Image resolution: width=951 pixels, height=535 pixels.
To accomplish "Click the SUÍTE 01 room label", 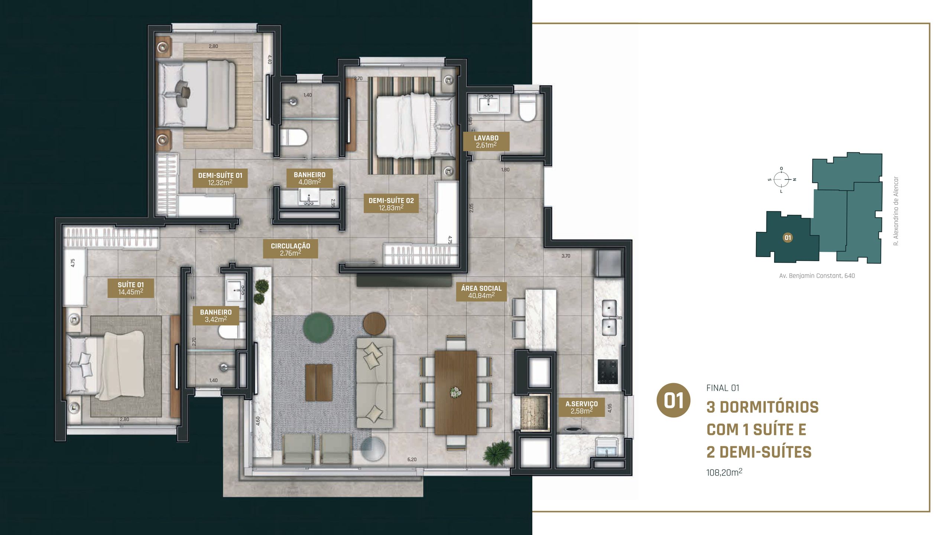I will click(x=130, y=288).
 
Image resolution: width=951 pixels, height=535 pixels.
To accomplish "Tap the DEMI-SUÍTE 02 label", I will click(x=391, y=204).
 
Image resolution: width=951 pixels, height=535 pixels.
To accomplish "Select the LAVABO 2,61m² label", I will click(x=486, y=141).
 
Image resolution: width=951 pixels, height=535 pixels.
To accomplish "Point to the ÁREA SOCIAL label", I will click(x=481, y=292).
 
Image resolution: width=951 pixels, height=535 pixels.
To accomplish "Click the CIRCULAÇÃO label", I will click(x=290, y=249).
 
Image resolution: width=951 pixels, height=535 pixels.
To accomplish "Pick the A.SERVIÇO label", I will click(x=581, y=407).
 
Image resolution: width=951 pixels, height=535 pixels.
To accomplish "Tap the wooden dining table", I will click(x=455, y=392).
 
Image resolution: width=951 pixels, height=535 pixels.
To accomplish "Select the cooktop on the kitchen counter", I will click(x=607, y=371).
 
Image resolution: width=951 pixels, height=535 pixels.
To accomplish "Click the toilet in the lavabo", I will click(x=527, y=108).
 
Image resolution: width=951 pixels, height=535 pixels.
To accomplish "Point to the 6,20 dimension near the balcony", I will click(x=412, y=459).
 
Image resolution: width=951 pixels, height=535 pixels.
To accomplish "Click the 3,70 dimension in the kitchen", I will click(x=565, y=256).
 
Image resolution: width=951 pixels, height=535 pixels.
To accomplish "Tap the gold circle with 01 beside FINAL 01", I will click(x=674, y=400).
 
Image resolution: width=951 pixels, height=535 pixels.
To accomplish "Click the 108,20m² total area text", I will click(x=724, y=472).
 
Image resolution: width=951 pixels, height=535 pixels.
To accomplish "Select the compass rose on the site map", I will click(x=781, y=179).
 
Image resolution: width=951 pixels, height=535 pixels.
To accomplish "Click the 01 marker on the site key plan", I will click(x=788, y=237).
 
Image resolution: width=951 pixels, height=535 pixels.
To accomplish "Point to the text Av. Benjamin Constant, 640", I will click(x=817, y=276).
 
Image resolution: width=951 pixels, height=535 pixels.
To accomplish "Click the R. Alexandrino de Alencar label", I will click(x=896, y=211).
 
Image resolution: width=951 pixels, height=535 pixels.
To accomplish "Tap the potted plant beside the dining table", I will click(x=498, y=453).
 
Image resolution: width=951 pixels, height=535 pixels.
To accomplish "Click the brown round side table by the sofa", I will click(x=374, y=324).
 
